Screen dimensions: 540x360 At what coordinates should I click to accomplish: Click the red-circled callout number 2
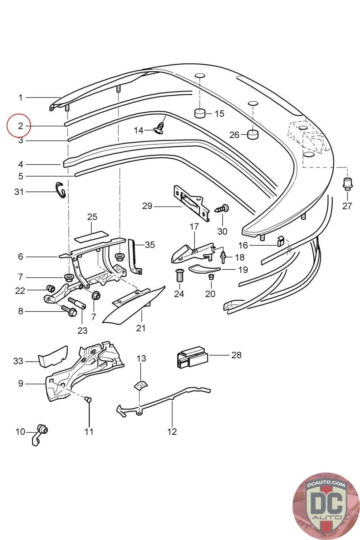[20, 126]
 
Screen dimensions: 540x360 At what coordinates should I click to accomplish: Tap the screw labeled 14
[160, 128]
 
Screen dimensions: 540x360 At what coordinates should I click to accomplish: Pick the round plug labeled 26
[253, 135]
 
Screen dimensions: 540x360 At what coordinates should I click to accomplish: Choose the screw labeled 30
[222, 208]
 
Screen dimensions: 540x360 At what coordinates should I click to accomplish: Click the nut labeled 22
[50, 289]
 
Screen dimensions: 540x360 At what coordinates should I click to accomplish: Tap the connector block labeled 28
[191, 358]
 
